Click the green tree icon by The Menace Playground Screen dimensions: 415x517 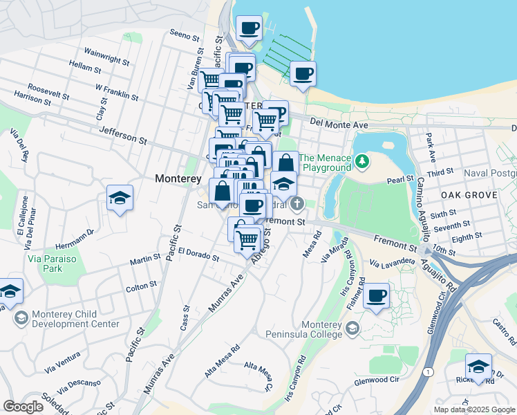(x=362, y=161)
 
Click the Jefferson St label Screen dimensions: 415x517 (x=124, y=133)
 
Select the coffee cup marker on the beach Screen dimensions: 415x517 (x=302, y=74)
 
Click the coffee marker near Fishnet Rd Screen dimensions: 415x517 (x=376, y=296)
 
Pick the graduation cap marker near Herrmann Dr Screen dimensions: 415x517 (x=120, y=198)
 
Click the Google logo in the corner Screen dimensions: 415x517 (x=23, y=407)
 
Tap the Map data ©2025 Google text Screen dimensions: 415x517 (x=473, y=409)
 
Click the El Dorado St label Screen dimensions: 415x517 (x=198, y=254)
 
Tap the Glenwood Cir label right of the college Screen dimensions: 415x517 (x=377, y=380)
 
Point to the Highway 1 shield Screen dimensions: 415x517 (x=431, y=372)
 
